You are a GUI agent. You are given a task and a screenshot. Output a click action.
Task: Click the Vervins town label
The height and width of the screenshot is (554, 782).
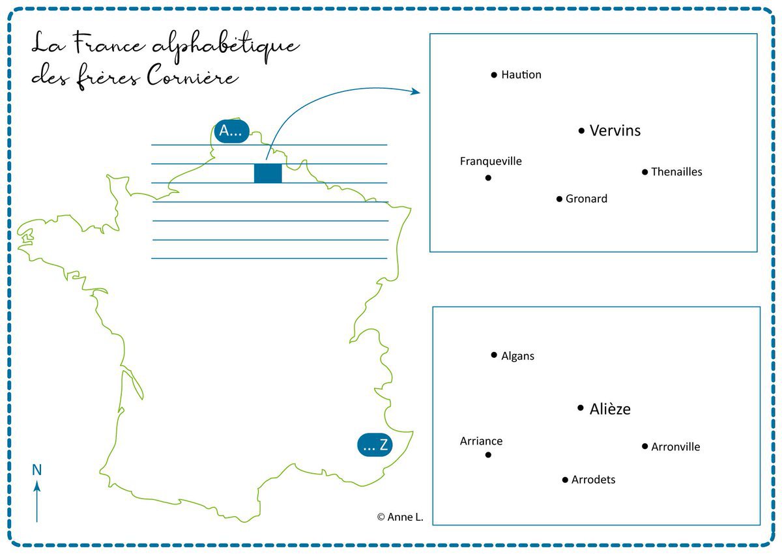[615, 130]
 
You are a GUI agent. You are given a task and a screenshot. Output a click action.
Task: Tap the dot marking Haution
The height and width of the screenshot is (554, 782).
[494, 75]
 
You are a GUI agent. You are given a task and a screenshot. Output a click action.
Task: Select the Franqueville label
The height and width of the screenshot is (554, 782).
[491, 161]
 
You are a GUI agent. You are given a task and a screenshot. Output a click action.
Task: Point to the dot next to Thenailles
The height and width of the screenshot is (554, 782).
[644, 172]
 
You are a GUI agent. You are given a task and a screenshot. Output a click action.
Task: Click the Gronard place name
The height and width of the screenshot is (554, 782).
[586, 199]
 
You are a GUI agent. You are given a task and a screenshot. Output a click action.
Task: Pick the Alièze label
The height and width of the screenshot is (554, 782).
[610, 409]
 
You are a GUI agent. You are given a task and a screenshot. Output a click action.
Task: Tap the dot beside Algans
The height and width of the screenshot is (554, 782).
[494, 355]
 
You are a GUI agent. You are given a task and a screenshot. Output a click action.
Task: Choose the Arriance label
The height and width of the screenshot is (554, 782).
[481, 441]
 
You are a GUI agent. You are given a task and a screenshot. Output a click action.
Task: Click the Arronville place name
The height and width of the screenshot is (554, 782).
[676, 447]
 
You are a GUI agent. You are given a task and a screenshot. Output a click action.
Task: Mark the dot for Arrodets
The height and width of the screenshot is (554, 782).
[565, 480]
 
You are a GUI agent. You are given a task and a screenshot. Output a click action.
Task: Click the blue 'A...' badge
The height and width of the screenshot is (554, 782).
[231, 132]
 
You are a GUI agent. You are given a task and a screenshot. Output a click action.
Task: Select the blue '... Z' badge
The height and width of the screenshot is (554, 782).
[375, 446]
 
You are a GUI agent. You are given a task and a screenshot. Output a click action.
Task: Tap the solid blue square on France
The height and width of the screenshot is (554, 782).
[268, 173]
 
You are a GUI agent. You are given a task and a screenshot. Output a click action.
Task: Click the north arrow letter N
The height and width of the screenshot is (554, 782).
[37, 470]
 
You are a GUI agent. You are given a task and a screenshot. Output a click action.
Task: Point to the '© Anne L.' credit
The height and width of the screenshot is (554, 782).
[400, 517]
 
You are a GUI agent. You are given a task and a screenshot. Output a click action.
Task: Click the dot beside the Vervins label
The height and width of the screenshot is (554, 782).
[581, 131]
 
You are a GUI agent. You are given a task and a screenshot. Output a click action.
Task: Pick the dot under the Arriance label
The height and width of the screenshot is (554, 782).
[488, 455]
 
